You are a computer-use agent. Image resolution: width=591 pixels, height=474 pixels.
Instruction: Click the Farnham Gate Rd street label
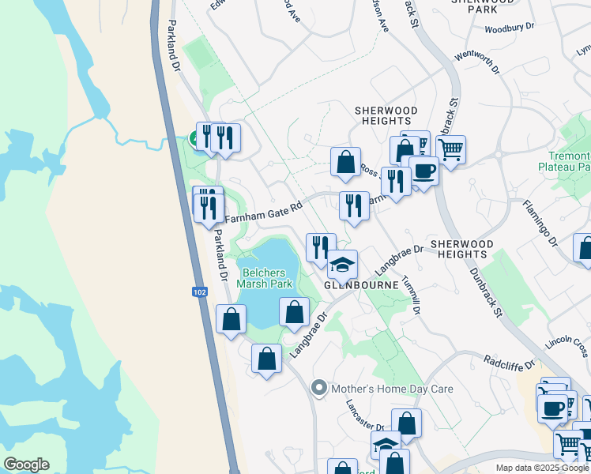click(264, 213)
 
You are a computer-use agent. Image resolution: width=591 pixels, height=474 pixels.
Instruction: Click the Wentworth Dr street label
click(478, 64)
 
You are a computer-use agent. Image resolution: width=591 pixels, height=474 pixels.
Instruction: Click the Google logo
click(26, 465)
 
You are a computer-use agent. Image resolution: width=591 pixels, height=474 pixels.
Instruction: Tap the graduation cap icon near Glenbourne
click(342, 265)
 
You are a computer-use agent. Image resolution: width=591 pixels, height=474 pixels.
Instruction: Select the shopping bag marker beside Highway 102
click(231, 320)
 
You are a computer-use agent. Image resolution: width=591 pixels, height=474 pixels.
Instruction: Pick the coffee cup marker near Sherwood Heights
click(423, 171)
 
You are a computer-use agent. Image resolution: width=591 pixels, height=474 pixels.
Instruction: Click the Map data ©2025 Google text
click(543, 468)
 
